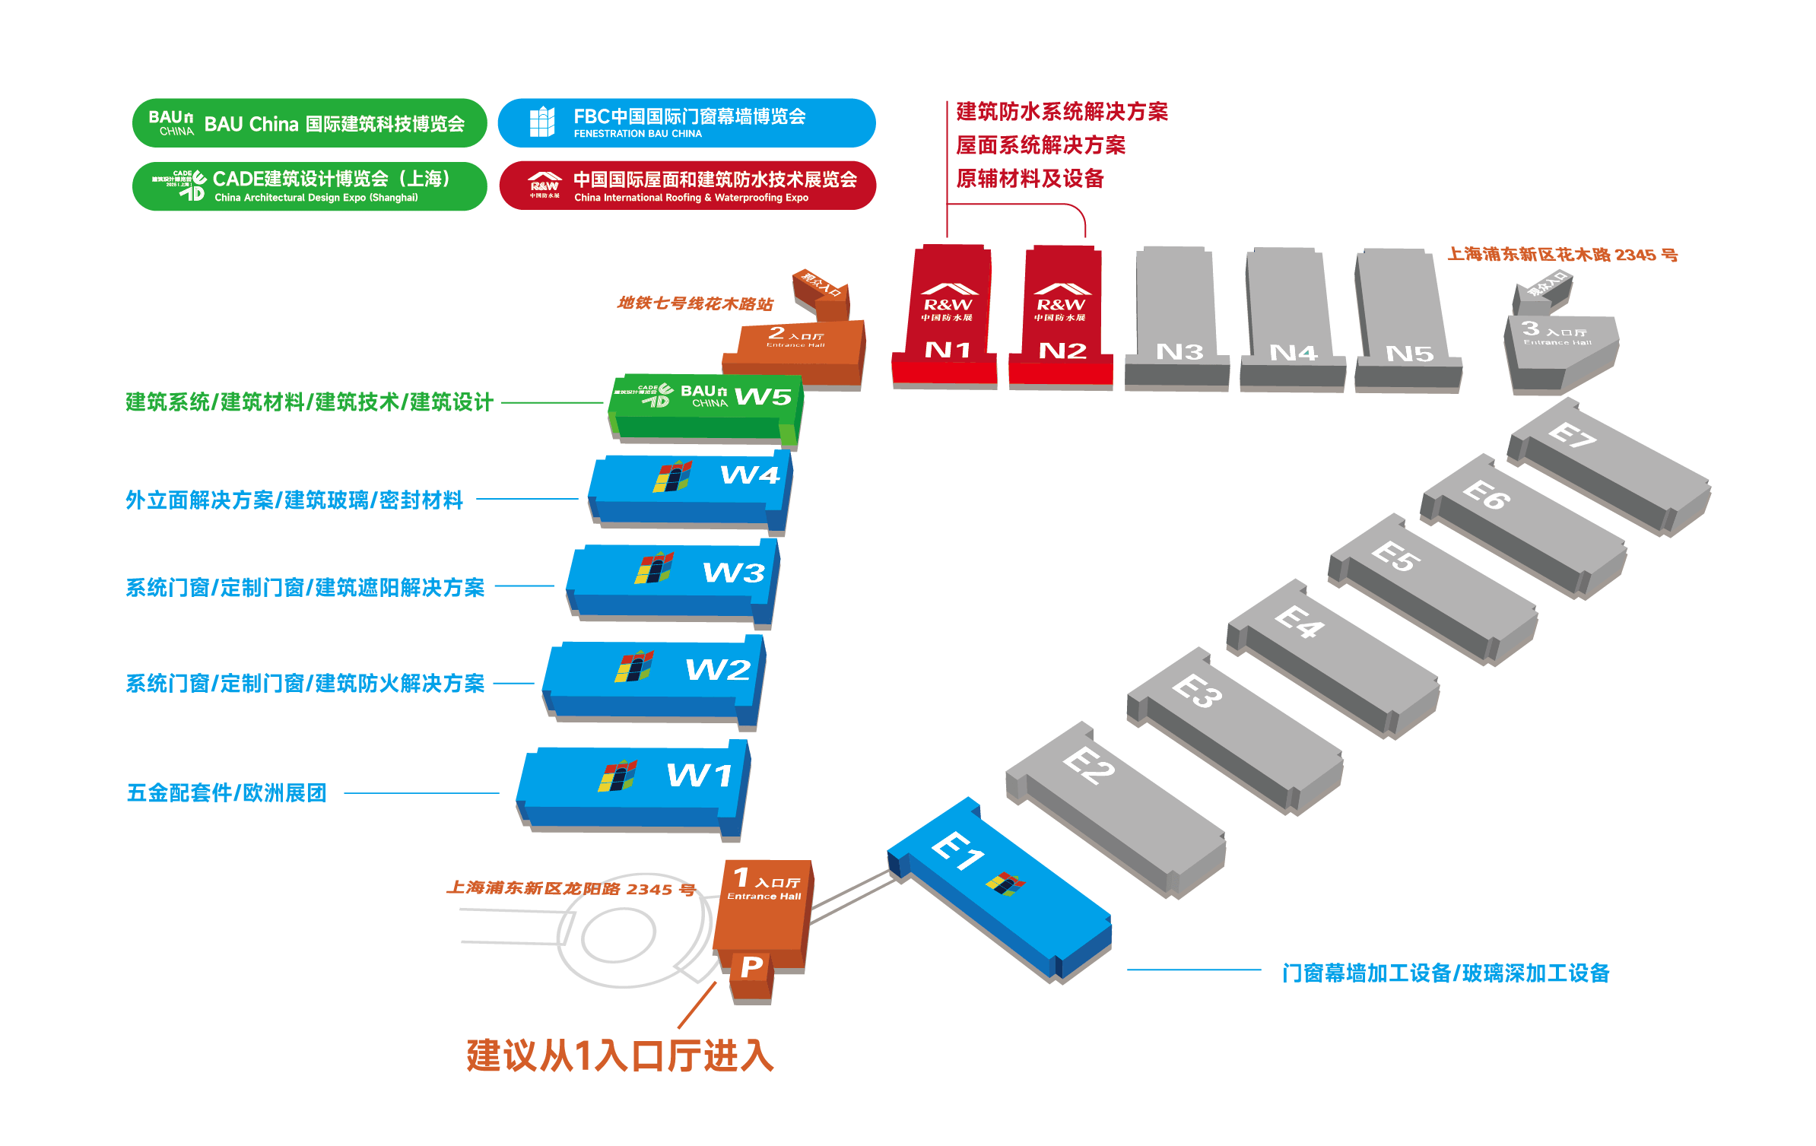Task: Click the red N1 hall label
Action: pos(948,350)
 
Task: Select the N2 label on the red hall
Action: pos(1062,351)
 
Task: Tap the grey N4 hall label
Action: pos(1293,353)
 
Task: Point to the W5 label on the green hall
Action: pos(763,396)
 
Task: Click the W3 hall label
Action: pos(733,573)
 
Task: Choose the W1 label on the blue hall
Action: pos(700,776)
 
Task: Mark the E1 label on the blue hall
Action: pos(957,850)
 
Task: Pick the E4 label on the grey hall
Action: pos(1300,622)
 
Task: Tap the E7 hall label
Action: pos(1572,435)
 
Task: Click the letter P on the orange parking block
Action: pos(751,967)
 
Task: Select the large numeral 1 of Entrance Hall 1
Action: pos(741,878)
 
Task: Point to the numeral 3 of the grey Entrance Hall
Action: pos(1530,329)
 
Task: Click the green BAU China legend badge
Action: pos(309,123)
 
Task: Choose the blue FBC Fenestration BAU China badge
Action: pos(686,123)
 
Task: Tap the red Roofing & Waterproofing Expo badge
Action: pos(687,186)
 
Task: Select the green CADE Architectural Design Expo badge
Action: pos(309,186)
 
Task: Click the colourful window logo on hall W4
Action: pos(672,477)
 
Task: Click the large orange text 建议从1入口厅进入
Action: pos(620,1056)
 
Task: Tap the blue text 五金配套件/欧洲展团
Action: pos(226,793)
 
